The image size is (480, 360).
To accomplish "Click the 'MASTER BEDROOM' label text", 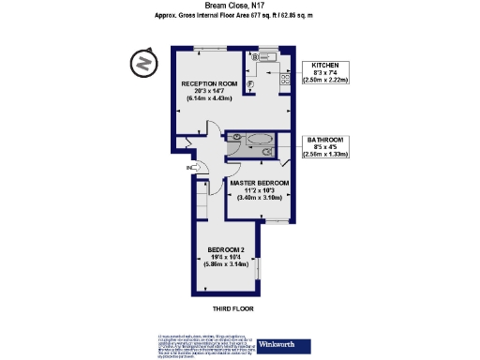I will coord(259,183).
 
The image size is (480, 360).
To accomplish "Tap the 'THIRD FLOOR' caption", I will coord(232,307).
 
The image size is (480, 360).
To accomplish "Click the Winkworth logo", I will coord(281,343).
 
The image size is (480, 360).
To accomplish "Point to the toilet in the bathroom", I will coord(234,138).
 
